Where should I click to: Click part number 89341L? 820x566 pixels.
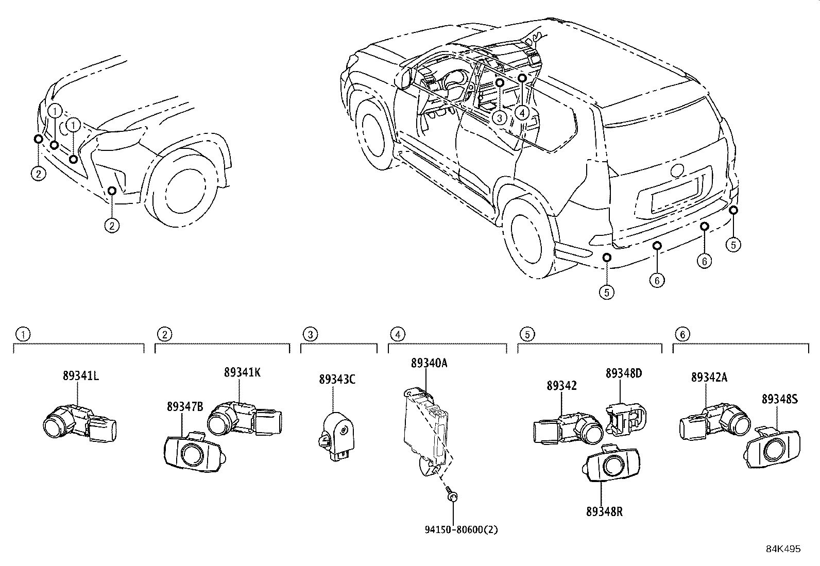point(81,376)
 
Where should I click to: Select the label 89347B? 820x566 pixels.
point(185,407)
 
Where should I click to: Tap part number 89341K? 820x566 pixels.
point(242,372)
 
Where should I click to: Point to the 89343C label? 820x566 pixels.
point(337,380)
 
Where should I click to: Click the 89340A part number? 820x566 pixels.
point(429,363)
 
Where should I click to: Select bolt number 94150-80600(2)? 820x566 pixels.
point(454,529)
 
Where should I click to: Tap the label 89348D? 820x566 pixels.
point(624,373)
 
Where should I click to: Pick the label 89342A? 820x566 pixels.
point(709,378)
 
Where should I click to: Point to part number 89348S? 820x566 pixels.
point(780,398)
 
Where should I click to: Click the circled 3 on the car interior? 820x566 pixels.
point(499,117)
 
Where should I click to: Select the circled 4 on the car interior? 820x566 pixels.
point(522,112)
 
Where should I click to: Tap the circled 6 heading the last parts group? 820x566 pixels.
point(682,334)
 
